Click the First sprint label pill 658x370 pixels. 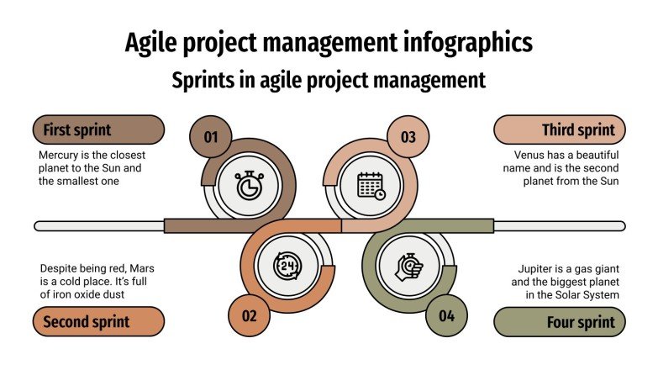point(98,130)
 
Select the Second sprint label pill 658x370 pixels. point(98,321)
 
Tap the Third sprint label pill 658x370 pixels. point(560,130)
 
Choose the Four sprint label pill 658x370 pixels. point(560,321)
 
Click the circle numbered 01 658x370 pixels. point(211,136)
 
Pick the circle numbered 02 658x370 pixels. point(250,316)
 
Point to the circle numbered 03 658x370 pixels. point(408,136)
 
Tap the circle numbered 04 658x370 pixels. point(446,316)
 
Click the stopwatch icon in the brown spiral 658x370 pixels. point(248,185)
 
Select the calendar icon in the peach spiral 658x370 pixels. point(371,185)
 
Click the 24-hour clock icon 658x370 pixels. point(287,267)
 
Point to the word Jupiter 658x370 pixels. point(539,268)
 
